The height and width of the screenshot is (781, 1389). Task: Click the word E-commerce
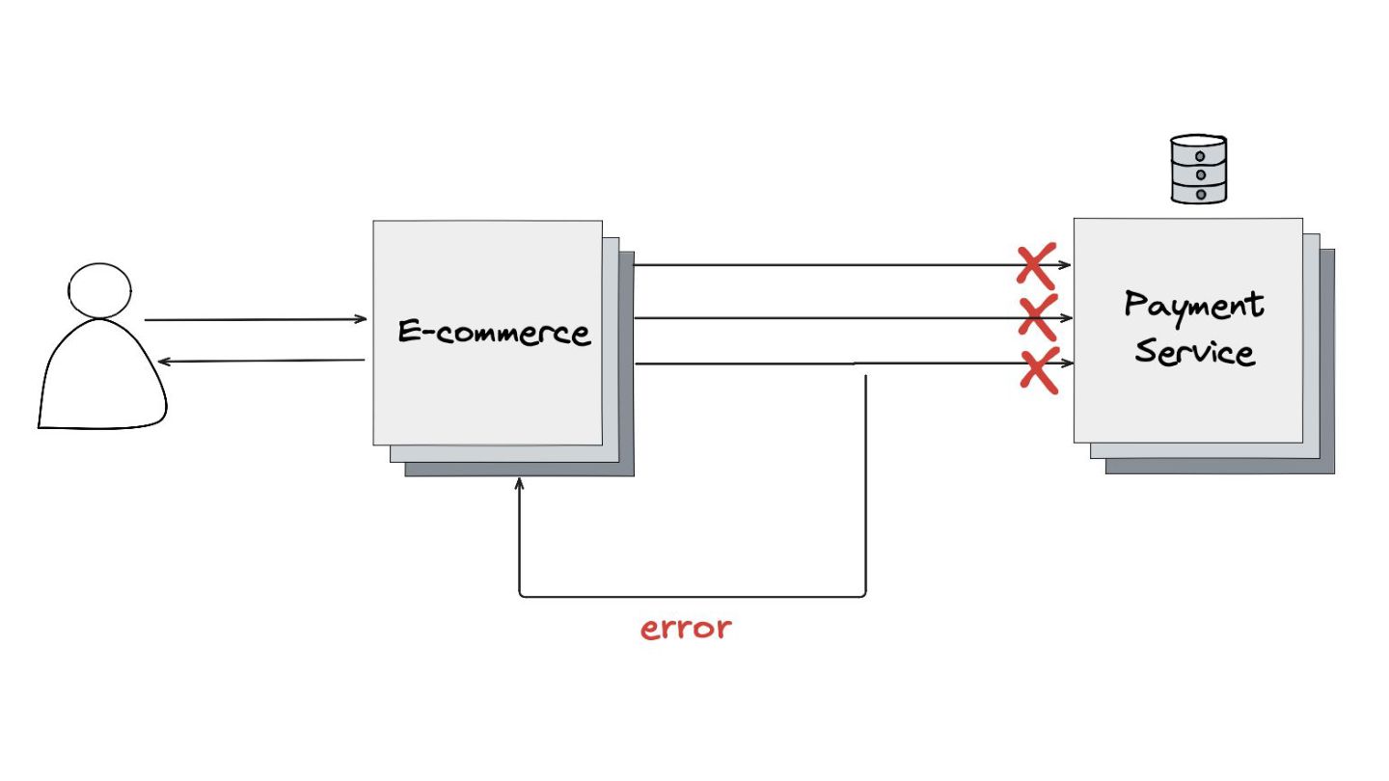pos(493,333)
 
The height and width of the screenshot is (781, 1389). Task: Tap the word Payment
pos(1194,307)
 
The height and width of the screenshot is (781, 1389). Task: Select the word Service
pos(1194,351)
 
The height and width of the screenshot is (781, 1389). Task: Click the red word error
pos(686,629)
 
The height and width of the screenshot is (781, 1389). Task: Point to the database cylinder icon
pos(1198,170)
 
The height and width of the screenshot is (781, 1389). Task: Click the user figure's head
pos(100,289)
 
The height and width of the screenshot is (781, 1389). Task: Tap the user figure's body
pos(102,381)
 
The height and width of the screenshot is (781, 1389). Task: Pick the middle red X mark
pos(1039,317)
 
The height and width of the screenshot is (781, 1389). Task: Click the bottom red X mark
pos(1040,370)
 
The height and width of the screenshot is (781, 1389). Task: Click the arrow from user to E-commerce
pos(256,319)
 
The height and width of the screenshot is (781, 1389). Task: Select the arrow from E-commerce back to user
pos(260,362)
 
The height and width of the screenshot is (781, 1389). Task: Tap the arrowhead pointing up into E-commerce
pos(520,484)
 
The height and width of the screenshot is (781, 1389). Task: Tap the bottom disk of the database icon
pos(1198,193)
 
